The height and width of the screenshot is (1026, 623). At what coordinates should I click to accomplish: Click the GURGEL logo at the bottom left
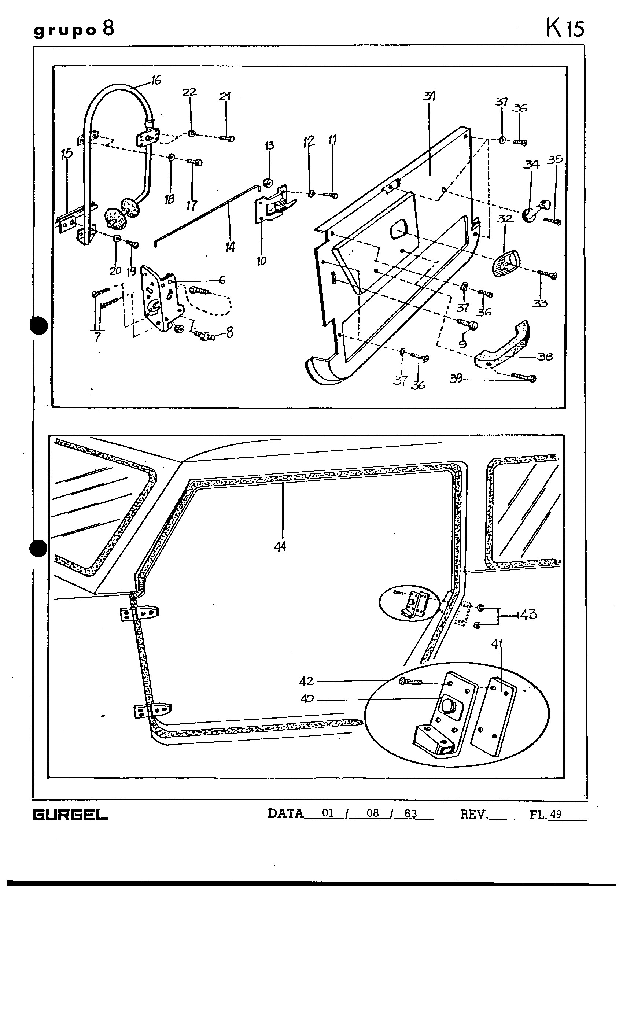point(70,815)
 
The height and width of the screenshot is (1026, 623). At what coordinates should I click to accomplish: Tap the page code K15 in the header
point(565,29)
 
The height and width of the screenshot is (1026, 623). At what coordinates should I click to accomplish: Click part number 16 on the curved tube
point(156,80)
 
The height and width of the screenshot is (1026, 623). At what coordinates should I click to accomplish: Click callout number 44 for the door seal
point(280,547)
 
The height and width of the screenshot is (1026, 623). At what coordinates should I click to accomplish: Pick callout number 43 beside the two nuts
point(528,615)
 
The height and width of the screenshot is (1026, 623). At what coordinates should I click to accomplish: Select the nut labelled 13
point(268,182)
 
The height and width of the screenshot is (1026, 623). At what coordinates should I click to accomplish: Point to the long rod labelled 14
point(208,214)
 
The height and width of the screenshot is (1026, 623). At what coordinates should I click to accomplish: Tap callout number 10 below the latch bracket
point(262,261)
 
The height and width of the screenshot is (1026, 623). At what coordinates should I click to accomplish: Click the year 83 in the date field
point(410,813)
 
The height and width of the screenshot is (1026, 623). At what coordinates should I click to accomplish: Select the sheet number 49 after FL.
point(556,813)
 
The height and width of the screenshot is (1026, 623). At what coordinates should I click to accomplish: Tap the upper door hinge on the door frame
point(140,613)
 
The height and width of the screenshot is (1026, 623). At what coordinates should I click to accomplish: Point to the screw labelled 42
point(410,682)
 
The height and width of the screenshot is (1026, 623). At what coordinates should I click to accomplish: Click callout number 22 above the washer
point(189,92)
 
